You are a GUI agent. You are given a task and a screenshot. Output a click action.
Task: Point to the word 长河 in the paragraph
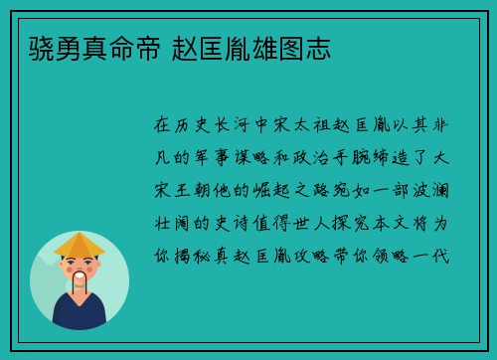(229, 125)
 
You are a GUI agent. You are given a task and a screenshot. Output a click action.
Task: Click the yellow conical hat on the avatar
(80, 245)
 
